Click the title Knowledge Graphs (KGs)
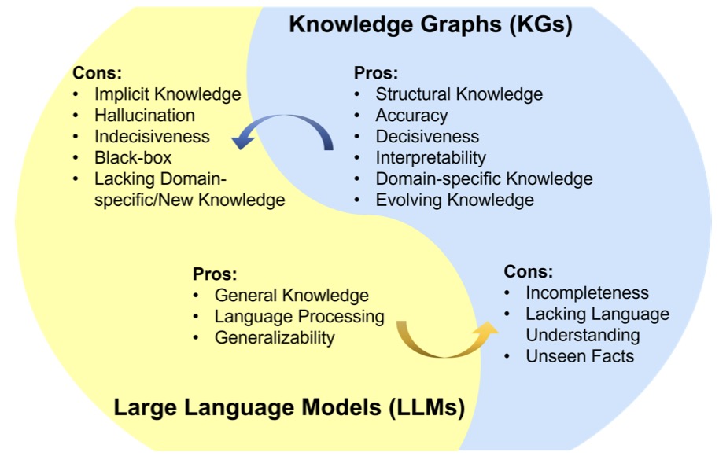[430, 24]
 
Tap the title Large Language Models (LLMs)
[289, 407]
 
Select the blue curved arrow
[284, 120]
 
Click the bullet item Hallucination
[145, 116]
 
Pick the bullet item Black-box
[133, 158]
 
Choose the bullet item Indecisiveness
[153, 137]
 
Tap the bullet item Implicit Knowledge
[168, 94]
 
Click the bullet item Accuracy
[411, 116]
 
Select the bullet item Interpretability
[430, 158]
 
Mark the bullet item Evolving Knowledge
[455, 200]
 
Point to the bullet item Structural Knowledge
[459, 94]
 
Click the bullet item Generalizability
[275, 338]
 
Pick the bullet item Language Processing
[300, 317]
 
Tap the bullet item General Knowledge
[292, 296]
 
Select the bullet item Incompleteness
[587, 292]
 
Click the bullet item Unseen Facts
[580, 356]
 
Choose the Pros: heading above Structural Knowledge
[375, 73]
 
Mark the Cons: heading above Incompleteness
[529, 272]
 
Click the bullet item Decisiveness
[427, 137]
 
